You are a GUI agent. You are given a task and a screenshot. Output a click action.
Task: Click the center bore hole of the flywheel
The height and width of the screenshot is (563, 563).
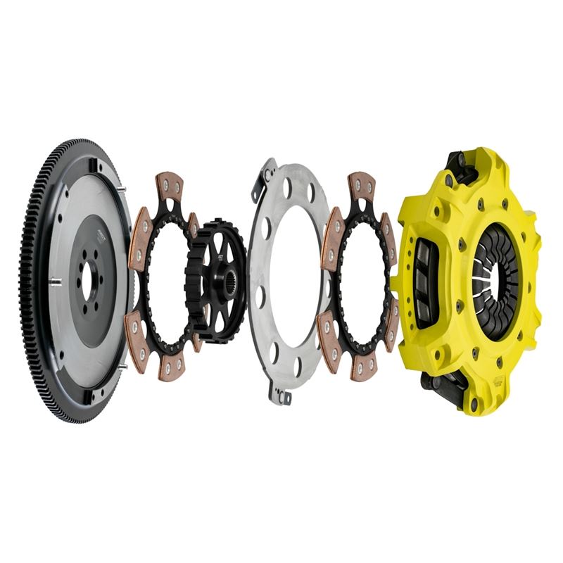click(87, 279)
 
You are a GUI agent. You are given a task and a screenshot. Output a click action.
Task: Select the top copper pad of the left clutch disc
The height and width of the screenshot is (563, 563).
click(170, 188)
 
